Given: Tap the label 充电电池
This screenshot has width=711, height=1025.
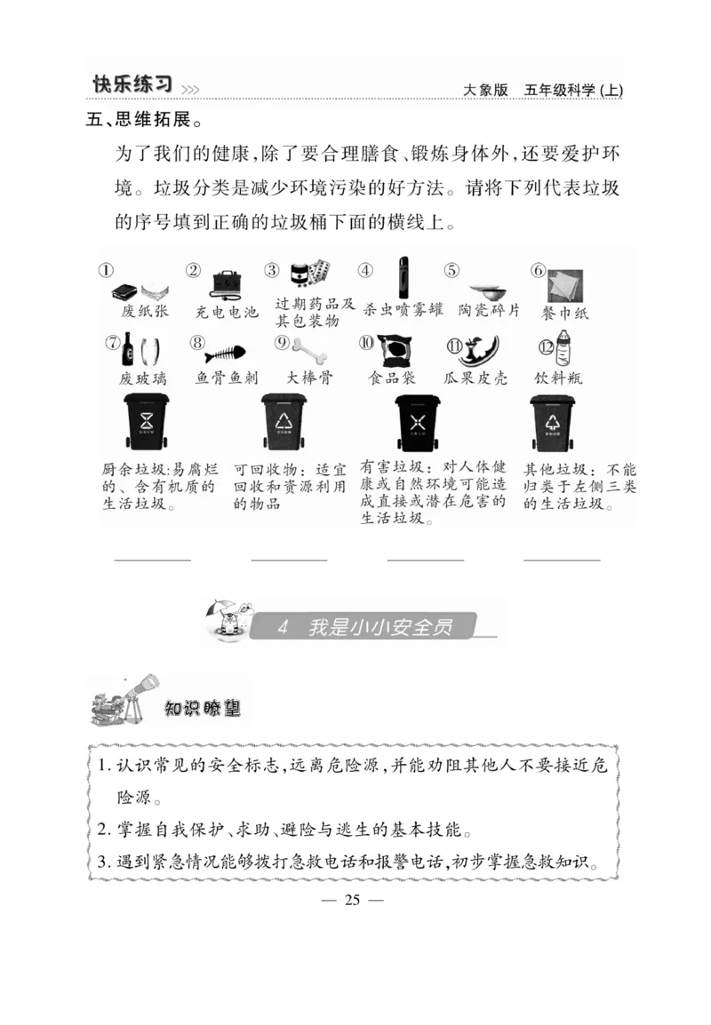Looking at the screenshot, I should (x=226, y=313).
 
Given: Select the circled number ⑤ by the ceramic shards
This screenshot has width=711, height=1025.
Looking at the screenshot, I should (x=451, y=271).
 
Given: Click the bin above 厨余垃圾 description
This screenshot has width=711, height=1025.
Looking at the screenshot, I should (x=147, y=422).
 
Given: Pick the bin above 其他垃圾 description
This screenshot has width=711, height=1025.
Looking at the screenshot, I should (x=552, y=422).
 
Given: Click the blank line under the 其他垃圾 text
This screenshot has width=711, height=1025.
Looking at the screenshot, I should (x=562, y=560).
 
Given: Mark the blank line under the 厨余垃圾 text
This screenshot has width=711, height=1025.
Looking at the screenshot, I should (x=153, y=560).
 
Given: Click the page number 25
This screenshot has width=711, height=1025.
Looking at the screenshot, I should (x=352, y=900).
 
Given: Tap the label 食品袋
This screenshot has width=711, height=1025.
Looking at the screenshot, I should (x=392, y=377).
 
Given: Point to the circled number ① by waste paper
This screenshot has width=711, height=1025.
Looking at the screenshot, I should (x=106, y=271).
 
